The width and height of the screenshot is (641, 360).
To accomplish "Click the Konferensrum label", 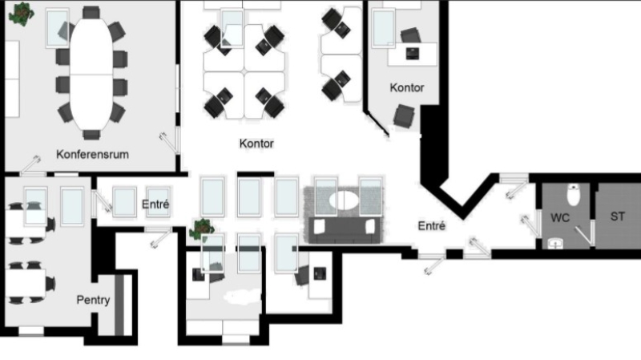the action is tap(92, 154).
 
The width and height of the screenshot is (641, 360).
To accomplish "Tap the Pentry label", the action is tap(93, 300).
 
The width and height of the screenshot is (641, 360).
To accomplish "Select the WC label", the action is tap(559, 217).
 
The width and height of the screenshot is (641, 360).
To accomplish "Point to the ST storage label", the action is tap(617, 216).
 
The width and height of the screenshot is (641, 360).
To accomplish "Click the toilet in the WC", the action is tap(574, 195).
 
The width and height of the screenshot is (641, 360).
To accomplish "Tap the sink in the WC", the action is tap(555, 244).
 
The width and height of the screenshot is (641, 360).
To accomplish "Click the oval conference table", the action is tap(91, 74).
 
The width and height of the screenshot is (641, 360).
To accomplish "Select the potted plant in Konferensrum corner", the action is tap(22, 14).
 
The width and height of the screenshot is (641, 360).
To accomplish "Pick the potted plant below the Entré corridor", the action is tap(202, 229).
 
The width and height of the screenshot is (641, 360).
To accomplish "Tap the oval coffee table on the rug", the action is tap(344, 200).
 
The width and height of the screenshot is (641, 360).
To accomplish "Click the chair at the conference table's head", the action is tap(91, 12).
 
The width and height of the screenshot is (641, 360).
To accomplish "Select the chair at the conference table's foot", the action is tap(91, 135).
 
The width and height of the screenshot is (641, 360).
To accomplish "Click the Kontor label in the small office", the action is tap(407, 87).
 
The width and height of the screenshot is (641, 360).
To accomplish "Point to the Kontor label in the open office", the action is tap(256, 144).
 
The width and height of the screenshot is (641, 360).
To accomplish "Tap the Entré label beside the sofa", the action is tap(432, 226).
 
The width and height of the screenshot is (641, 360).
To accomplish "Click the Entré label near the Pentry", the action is tap(155, 204).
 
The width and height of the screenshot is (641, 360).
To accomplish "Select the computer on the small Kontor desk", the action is tap(412, 53).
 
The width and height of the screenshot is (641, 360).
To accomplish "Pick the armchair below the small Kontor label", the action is tap(404, 115).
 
